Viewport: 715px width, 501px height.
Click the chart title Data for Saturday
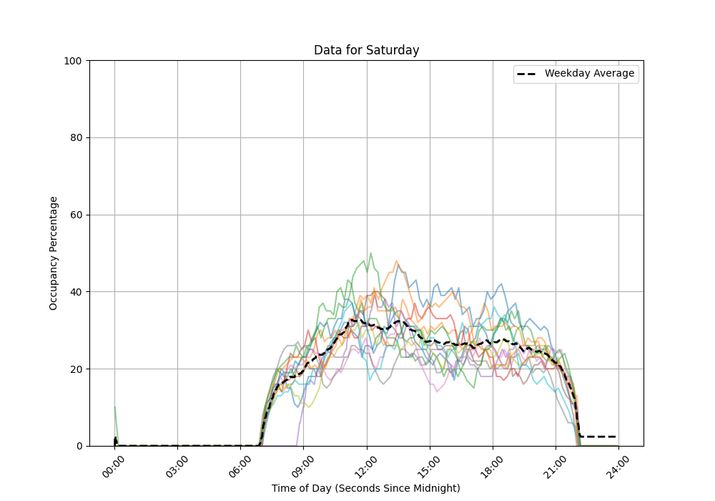pyautogui.click(x=366, y=51)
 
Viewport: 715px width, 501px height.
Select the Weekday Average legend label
pyautogui.click(x=589, y=74)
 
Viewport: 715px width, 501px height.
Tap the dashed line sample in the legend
pyautogui.click(x=528, y=74)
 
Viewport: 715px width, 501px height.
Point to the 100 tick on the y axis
pyautogui.click(x=74, y=61)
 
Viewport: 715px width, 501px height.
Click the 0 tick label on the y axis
pyautogui.click(x=79, y=446)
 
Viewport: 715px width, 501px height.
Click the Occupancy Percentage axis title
pyautogui.click(x=54, y=253)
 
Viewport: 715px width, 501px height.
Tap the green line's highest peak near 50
pyautogui.click(x=370, y=253)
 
